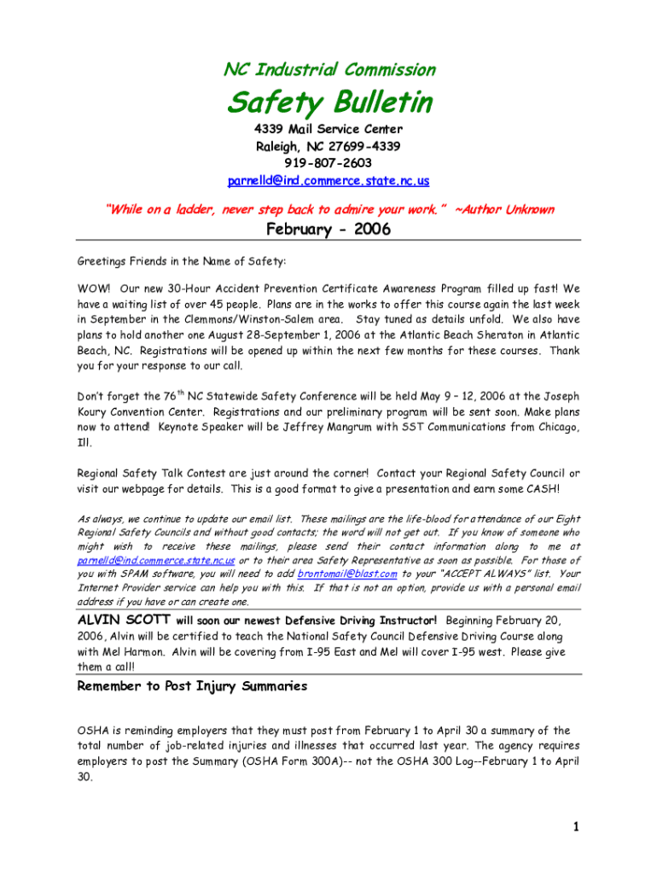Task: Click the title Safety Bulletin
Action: pos(328,103)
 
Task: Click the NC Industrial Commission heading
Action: pos(328,69)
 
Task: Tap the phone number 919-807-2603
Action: pos(328,163)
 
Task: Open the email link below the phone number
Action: pos(328,181)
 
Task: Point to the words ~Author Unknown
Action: pos(505,209)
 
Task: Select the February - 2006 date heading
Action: pos(328,230)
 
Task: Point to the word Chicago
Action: pos(555,428)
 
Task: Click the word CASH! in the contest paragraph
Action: pos(540,489)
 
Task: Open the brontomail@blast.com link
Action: pos(347,574)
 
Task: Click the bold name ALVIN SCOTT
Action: pos(123,620)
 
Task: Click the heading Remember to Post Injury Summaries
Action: pos(192,686)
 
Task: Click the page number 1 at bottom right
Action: pos(577,826)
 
